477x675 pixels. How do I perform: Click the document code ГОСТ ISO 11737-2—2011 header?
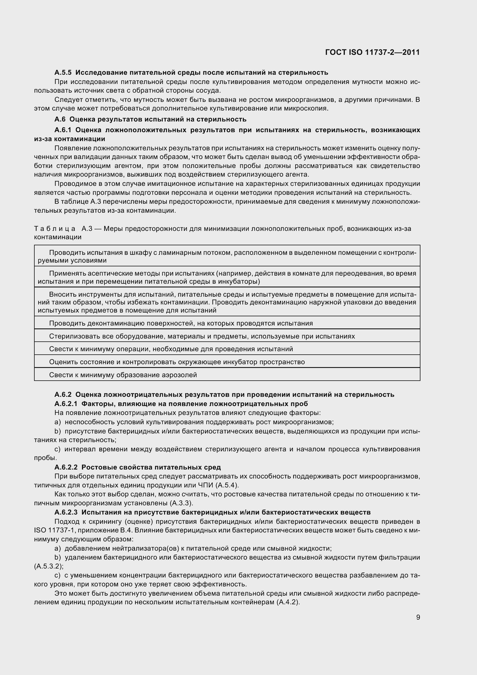tap(372, 52)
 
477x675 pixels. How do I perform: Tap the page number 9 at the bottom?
tap(418, 617)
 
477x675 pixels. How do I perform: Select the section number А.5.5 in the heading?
tap(63, 72)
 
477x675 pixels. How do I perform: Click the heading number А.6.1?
tap(63, 130)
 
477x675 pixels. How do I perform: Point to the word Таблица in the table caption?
tap(54, 229)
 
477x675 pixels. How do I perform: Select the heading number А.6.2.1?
tap(66, 404)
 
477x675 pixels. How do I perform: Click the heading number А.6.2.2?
tap(66, 467)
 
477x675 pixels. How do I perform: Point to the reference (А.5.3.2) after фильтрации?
tap(48, 566)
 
